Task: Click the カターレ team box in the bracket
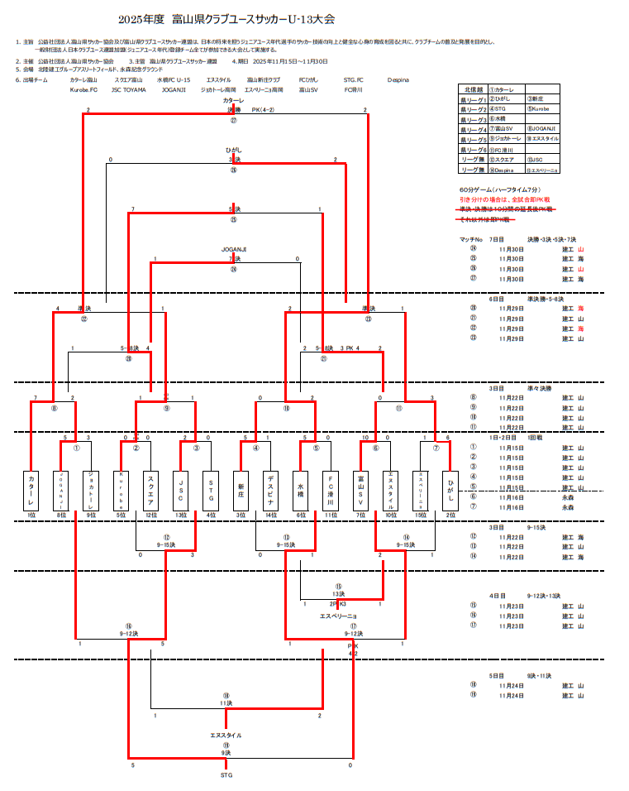click(31, 490)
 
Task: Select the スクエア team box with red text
click(150, 490)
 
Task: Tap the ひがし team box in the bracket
click(450, 490)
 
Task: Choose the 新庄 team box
click(241, 490)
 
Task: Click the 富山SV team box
click(360, 490)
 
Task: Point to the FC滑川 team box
click(331, 490)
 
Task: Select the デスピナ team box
click(270, 490)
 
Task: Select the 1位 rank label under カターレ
click(31, 515)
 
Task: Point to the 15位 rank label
click(420, 515)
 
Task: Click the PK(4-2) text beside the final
click(263, 109)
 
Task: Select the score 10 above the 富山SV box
click(365, 437)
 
